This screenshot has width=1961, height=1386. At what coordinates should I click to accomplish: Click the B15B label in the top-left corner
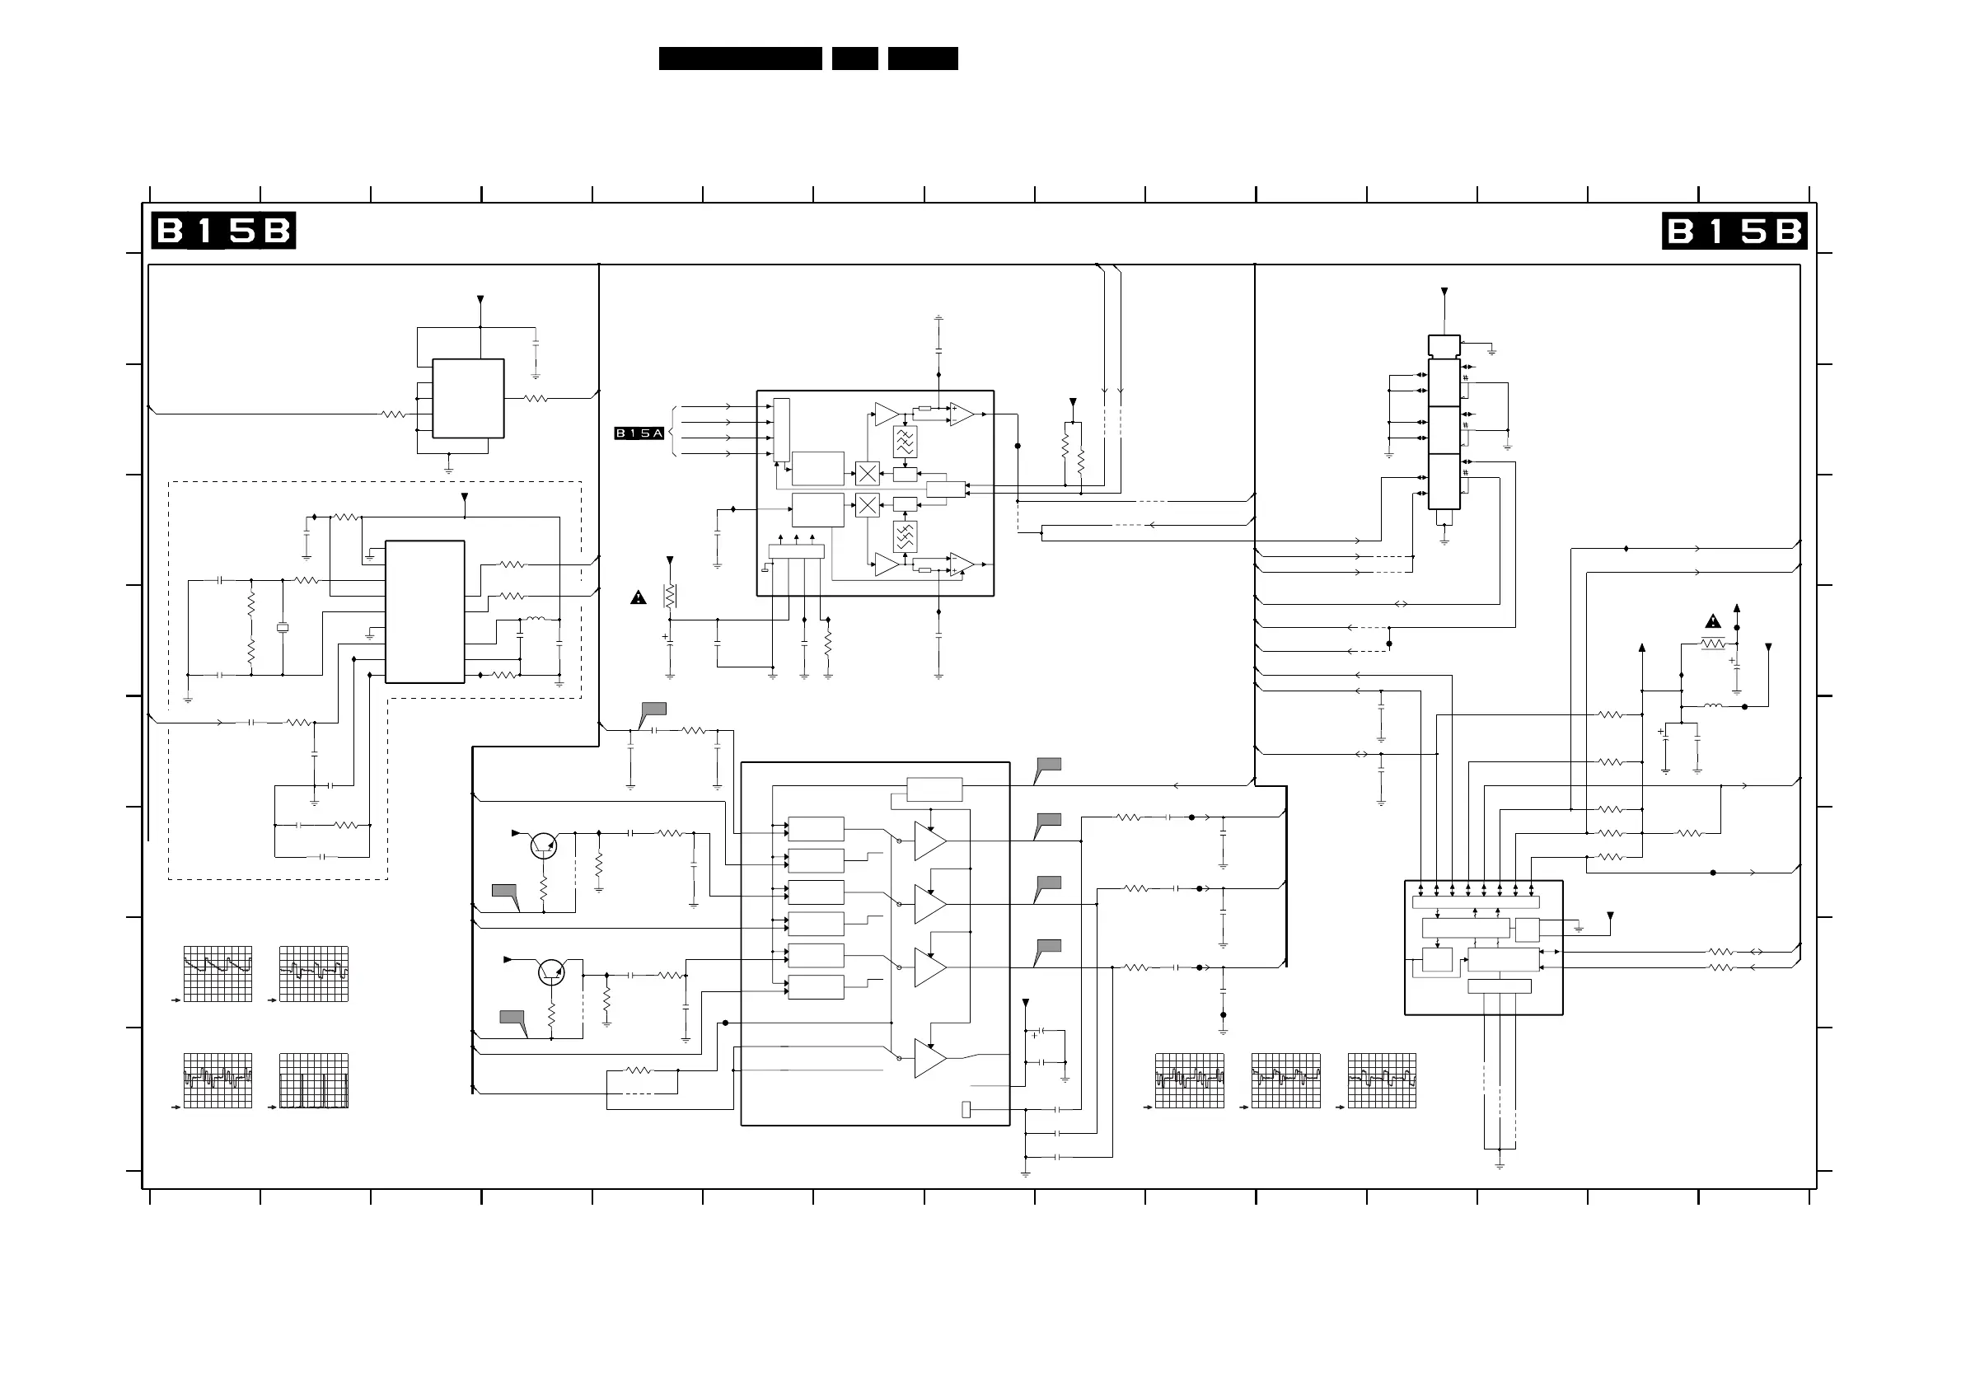point(224,231)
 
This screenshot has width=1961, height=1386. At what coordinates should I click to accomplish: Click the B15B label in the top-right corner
point(1734,231)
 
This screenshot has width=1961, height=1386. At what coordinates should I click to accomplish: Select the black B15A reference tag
point(639,433)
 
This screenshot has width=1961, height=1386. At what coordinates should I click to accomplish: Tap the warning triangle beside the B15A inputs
point(638,597)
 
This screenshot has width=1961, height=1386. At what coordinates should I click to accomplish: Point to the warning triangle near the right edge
point(1712,620)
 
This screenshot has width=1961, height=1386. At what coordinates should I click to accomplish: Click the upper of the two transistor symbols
point(543,845)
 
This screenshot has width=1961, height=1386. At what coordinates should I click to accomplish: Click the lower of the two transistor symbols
point(552,972)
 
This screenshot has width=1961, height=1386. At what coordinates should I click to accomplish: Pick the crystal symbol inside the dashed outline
point(283,628)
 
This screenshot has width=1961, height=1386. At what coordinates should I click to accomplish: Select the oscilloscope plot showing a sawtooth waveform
point(218,973)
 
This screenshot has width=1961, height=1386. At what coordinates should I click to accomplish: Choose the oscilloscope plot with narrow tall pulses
point(313,1080)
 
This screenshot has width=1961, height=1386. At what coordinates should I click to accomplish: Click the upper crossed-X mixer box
point(867,473)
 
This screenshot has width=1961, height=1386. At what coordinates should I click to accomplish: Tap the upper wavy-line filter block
point(906,442)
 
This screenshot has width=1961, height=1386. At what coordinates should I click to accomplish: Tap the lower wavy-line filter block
point(906,536)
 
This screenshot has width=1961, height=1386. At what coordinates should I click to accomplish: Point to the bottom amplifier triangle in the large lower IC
point(930,1058)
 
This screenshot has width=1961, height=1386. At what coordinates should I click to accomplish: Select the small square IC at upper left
point(468,398)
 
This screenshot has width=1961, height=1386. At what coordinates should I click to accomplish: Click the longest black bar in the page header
point(741,58)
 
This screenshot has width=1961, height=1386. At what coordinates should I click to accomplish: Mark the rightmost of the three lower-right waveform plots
point(1382,1080)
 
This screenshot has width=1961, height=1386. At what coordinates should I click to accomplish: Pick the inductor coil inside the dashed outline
point(536,619)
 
